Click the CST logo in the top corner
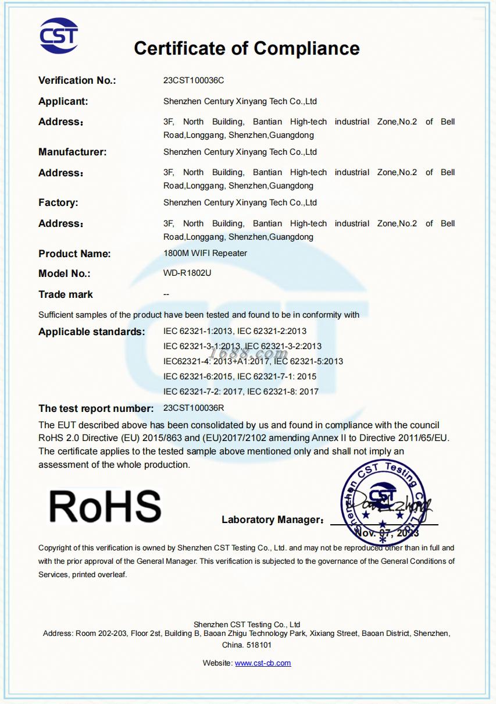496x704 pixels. click(x=58, y=36)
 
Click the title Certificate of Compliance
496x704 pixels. click(x=247, y=48)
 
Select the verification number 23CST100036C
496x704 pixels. click(x=194, y=80)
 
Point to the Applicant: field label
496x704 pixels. click(x=63, y=101)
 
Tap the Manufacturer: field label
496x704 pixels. click(x=73, y=152)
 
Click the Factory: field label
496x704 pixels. click(x=58, y=202)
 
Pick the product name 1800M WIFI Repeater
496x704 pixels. click(x=205, y=253)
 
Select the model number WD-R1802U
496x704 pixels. click(x=187, y=273)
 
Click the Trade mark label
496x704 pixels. click(x=66, y=294)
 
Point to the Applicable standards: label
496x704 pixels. click(x=92, y=332)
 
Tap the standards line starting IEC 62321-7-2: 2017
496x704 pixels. click(x=241, y=391)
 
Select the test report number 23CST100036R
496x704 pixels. click(x=194, y=408)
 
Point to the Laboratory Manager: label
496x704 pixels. click(x=272, y=520)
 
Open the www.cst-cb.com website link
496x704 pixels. click(x=263, y=663)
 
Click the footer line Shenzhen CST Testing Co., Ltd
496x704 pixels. click(x=247, y=624)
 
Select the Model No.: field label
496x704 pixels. click(x=65, y=273)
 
